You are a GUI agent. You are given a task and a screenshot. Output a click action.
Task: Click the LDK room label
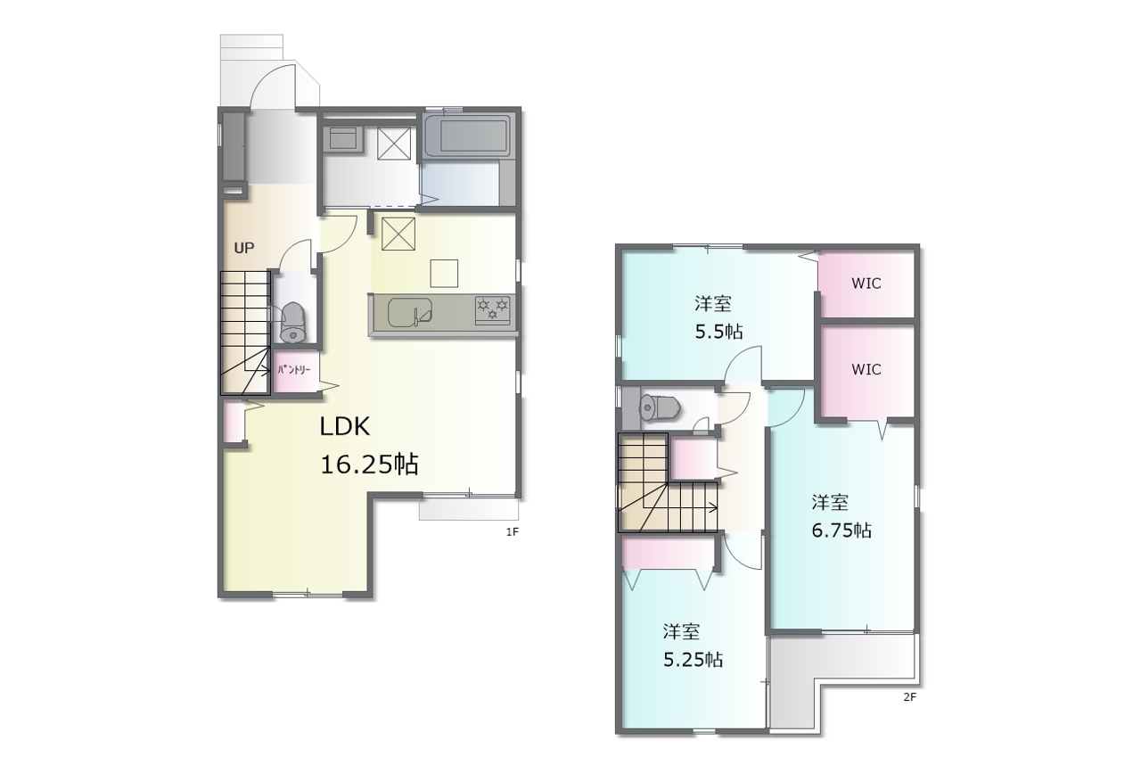344,427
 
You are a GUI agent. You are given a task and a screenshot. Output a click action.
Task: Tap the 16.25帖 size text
369,465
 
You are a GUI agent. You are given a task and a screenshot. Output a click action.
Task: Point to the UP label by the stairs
244,248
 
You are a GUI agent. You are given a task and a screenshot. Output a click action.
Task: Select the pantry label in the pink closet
294,370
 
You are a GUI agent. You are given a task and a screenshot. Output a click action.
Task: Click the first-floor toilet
293,322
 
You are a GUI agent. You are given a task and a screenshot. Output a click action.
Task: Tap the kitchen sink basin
410,312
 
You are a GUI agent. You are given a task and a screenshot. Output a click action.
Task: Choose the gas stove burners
493,309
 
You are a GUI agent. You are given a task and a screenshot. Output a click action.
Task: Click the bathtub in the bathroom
466,137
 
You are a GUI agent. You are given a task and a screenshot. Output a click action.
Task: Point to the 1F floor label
512,532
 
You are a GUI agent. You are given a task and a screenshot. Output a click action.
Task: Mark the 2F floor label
910,697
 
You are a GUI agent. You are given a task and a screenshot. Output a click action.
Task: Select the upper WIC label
866,284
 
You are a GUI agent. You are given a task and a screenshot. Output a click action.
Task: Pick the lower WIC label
866,369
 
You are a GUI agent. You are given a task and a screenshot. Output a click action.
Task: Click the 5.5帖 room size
718,333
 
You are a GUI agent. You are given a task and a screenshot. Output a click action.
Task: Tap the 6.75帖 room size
841,531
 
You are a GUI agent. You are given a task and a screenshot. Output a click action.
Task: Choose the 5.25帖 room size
693,660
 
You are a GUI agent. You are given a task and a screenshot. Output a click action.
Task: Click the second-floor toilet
661,407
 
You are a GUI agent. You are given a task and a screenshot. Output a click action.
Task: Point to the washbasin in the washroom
343,137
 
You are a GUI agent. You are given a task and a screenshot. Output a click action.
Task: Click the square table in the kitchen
444,274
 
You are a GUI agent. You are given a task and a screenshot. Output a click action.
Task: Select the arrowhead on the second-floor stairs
714,507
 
